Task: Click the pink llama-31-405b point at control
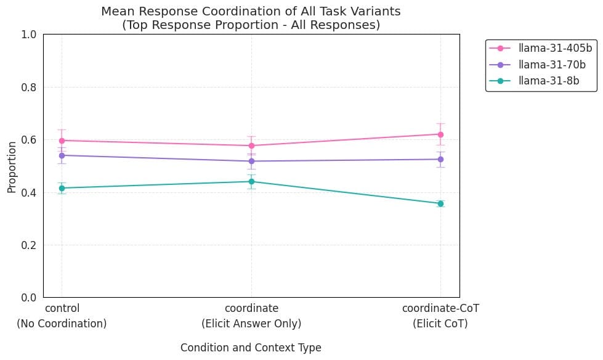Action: [x=62, y=141]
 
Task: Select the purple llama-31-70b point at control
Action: [x=62, y=155]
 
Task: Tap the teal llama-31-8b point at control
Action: [x=62, y=188]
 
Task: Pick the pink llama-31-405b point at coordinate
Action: [x=251, y=146]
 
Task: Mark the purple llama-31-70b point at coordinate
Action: [x=251, y=162]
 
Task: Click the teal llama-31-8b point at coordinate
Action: [x=251, y=181]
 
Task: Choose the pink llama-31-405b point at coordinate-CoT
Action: [x=440, y=135]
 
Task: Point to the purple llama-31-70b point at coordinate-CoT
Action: [x=440, y=160]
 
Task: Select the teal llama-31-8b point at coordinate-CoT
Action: [x=440, y=203]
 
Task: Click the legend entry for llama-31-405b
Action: [x=540, y=48]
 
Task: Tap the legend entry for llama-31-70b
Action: [x=537, y=65]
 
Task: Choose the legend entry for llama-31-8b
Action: [x=534, y=81]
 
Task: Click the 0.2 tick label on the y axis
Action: [x=29, y=245]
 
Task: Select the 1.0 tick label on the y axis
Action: [x=29, y=35]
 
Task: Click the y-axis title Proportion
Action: [x=12, y=167]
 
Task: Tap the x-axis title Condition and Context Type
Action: [x=251, y=348]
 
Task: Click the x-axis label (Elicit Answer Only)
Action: [x=251, y=324]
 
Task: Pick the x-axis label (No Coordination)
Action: [x=62, y=324]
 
